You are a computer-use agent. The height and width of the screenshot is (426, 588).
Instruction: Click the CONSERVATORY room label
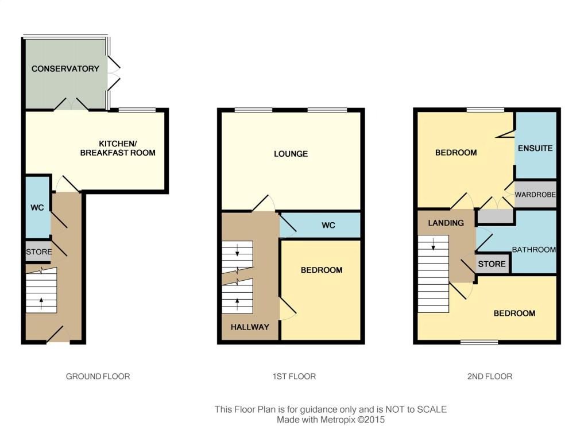65,69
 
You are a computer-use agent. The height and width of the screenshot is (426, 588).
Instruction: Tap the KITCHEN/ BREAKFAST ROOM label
118,148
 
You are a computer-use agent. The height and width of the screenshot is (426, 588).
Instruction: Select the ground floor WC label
37,208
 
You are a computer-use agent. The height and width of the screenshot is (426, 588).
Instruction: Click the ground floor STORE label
39,252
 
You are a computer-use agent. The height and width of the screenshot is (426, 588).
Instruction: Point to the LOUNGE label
291,154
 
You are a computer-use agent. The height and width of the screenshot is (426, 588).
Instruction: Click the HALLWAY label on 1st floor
250,327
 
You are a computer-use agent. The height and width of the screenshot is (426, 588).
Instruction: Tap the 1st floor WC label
328,225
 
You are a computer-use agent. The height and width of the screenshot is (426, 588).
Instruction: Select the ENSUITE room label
535,148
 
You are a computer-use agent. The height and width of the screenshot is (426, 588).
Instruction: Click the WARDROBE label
535,195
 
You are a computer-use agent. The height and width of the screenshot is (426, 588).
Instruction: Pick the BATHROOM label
534,249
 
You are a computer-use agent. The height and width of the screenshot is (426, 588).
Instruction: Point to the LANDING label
446,223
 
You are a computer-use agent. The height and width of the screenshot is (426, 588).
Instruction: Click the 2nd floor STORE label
492,264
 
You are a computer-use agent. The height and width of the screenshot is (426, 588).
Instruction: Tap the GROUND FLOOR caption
98,376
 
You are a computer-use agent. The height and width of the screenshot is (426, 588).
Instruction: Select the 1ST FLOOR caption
294,376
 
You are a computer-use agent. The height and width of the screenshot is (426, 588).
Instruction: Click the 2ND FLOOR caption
490,376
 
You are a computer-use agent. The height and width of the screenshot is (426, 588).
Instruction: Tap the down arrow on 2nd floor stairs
434,245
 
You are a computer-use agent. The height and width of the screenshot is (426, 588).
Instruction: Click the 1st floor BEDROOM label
322,270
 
